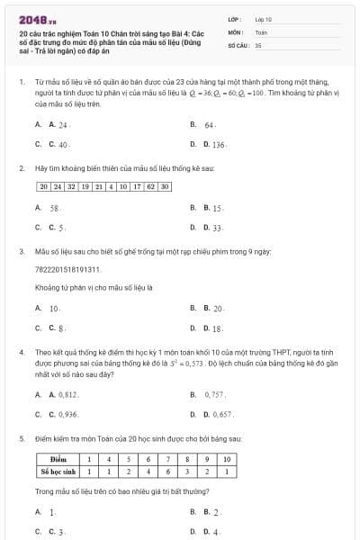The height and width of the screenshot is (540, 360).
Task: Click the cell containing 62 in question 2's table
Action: pos(150,186)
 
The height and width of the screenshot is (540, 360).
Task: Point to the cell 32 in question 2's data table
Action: pos(71,186)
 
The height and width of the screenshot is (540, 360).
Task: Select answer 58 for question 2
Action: pos(54,208)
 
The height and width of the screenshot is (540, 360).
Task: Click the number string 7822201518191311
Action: pos(67,269)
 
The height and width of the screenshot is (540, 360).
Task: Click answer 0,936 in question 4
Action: pos(66,414)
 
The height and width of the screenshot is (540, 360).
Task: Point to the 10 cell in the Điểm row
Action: pos(228,459)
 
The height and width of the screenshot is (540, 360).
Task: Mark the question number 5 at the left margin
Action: pos(21,438)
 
